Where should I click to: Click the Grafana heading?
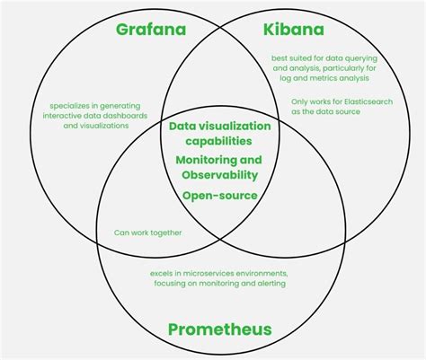(x=150, y=30)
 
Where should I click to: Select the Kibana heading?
(x=294, y=30)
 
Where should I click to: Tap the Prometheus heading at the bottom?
(x=219, y=329)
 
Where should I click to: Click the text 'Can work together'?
(x=147, y=233)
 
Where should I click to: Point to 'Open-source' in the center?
(x=219, y=195)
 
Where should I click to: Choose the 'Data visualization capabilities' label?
(x=218, y=133)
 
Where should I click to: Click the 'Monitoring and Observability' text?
(x=218, y=167)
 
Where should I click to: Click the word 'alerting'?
(x=271, y=284)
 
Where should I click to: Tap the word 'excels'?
(x=162, y=272)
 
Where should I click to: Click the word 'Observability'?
(x=218, y=174)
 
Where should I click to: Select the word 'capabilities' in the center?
(x=218, y=141)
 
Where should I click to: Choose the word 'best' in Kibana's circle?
(x=280, y=59)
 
